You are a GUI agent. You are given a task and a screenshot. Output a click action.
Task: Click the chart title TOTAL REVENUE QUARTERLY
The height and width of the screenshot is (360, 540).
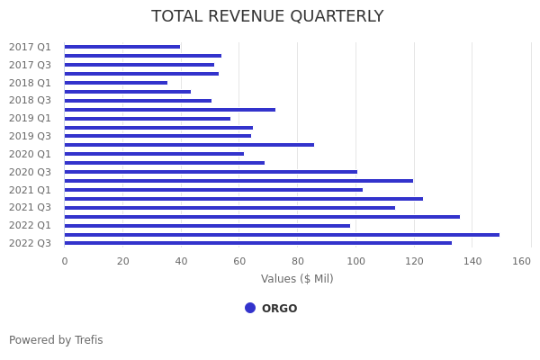point(267,17)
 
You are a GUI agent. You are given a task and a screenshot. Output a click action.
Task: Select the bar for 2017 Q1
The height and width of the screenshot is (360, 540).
point(122,47)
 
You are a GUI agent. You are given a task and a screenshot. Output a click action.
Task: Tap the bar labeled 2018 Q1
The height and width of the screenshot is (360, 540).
point(116,83)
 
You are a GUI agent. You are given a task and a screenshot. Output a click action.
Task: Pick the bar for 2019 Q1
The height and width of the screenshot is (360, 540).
point(148,118)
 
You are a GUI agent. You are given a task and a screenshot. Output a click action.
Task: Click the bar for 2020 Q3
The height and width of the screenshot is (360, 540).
point(211,172)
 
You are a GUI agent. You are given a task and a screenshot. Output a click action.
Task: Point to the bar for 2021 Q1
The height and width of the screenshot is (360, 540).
point(213,190)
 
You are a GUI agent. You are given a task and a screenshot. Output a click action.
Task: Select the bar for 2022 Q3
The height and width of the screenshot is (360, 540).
point(258,243)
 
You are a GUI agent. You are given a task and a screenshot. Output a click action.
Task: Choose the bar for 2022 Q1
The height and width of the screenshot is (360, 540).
point(207,225)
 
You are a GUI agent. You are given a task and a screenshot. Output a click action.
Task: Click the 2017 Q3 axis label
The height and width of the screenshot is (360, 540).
point(30,65)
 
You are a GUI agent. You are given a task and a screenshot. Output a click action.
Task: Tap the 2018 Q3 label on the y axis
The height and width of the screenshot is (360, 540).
point(30,100)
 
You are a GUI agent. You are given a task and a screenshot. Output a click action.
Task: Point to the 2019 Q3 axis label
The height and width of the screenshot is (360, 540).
point(30,136)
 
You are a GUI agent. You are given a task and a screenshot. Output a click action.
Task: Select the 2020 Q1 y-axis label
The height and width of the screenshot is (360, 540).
point(30,154)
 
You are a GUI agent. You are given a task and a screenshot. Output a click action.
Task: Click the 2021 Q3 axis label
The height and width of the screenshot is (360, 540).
point(30,207)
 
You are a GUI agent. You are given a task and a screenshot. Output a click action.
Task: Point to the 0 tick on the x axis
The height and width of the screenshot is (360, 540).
point(65,261)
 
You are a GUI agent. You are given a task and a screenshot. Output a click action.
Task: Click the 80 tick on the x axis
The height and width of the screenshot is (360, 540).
point(298,261)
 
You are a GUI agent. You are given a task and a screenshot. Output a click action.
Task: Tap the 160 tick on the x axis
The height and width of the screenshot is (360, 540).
point(522,261)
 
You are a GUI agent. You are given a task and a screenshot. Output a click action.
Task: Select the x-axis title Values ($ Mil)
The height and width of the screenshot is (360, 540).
point(297,279)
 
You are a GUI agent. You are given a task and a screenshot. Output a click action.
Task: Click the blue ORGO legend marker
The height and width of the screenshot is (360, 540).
point(250,308)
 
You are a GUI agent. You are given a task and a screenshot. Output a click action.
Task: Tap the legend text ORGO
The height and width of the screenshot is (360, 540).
point(279,309)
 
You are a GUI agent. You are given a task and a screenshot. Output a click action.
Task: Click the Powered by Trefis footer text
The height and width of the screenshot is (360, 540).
point(56,340)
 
